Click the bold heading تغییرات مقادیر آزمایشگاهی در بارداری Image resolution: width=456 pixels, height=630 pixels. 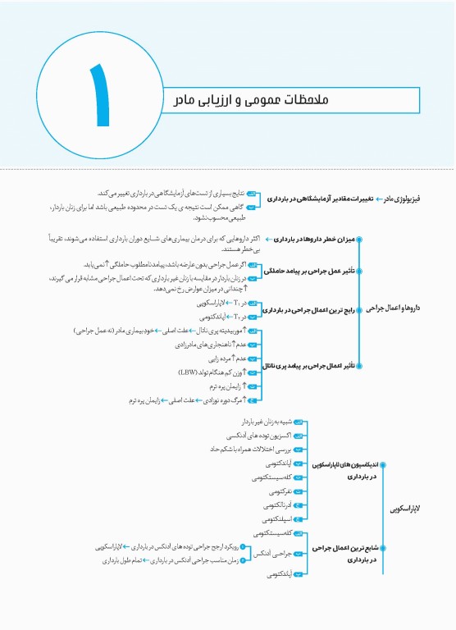322,200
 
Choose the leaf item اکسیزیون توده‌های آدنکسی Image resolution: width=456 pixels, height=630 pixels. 250,435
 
